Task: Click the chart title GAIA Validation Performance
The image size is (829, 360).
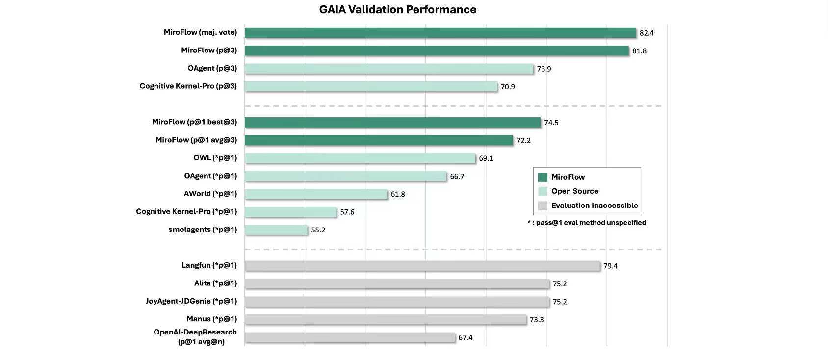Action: [x=397, y=10]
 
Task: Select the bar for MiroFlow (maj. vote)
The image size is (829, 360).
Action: [x=440, y=33]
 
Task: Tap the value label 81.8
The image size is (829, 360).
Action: [x=639, y=51]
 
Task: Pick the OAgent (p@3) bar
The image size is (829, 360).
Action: [x=389, y=69]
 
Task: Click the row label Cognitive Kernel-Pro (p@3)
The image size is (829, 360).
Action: [x=188, y=86]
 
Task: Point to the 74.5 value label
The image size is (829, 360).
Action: [x=551, y=123]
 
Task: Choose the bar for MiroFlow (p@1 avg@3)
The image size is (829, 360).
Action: [x=379, y=140]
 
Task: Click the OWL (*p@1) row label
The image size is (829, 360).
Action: [x=215, y=158]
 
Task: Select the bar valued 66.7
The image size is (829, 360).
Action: [x=345, y=176]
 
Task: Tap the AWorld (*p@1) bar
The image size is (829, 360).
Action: [x=316, y=194]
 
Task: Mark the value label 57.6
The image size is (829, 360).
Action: [x=347, y=212]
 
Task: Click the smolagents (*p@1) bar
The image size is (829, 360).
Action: [x=276, y=230]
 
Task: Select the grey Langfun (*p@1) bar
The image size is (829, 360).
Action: [x=422, y=266]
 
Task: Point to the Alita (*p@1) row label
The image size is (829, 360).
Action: [x=215, y=283]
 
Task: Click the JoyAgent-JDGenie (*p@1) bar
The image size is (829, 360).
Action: [x=397, y=302]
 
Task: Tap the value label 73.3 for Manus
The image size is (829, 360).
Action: [x=537, y=320]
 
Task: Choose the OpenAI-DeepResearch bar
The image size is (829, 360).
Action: [x=350, y=337]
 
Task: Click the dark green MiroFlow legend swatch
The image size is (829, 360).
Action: [x=543, y=177]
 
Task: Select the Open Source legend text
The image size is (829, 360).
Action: [x=574, y=191]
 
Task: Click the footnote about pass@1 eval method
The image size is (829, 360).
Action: [x=587, y=223]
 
